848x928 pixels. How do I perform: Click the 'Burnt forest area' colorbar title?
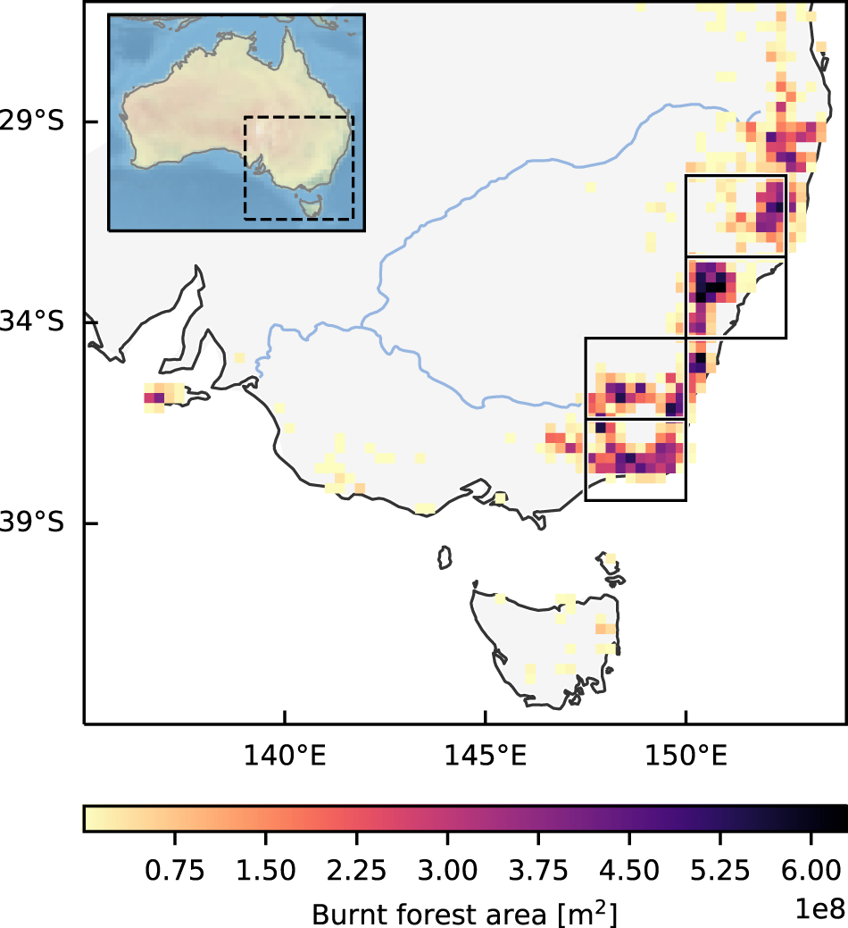tap(464, 913)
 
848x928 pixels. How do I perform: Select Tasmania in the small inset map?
tap(310, 206)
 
